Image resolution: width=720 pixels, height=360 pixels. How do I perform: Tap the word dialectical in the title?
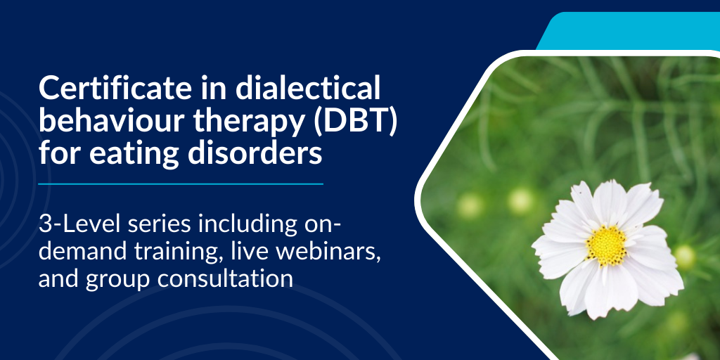(308, 88)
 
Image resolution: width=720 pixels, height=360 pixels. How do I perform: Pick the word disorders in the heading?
(255, 153)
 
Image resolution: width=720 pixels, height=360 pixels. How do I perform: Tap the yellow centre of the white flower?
(607, 245)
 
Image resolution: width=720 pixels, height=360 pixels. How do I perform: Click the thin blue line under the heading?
(181, 184)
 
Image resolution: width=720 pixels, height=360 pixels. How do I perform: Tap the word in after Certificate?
(216, 88)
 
